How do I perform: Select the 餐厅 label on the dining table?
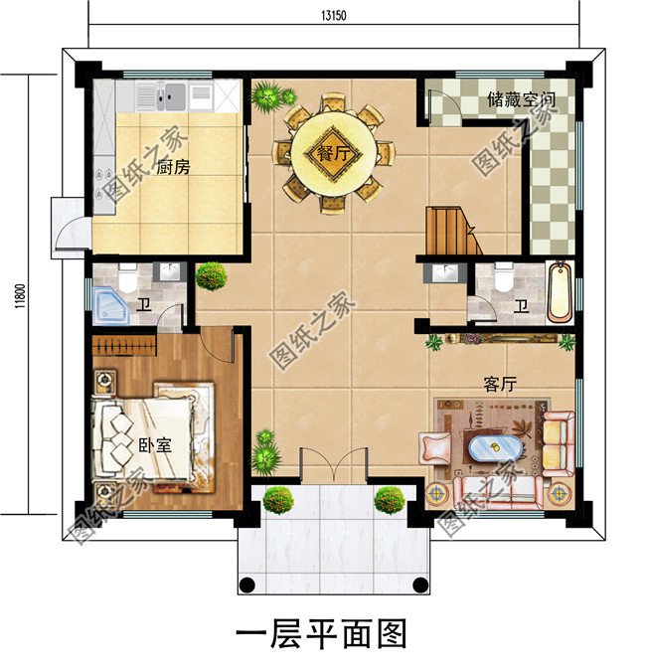(334, 154)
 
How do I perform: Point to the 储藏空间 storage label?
(521, 100)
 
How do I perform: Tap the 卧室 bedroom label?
(153, 446)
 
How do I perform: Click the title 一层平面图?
(322, 632)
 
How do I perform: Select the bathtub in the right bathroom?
(561, 291)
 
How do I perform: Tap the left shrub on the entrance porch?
(278, 499)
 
